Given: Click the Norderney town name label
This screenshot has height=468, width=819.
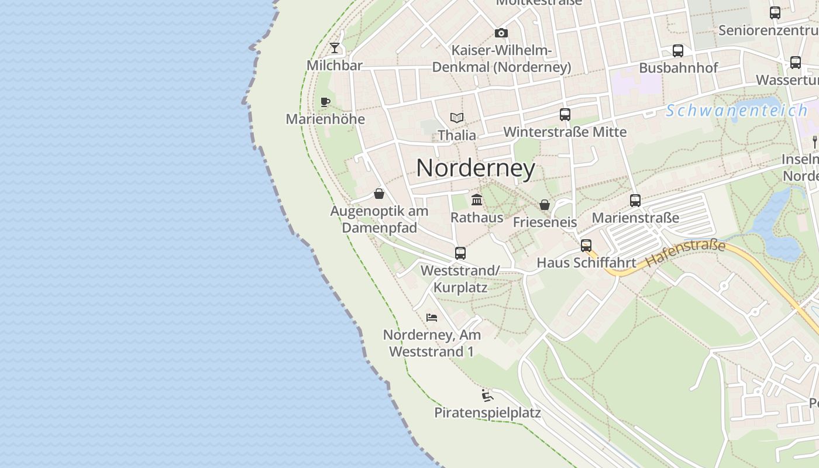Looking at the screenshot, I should pyautogui.click(x=476, y=168).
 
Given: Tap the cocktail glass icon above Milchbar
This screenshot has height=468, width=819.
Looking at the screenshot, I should pyautogui.click(x=335, y=47).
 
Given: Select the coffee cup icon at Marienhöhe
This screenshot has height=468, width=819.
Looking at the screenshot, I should pyautogui.click(x=325, y=102).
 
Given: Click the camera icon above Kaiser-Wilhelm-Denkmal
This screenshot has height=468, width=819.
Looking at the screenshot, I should pyautogui.click(x=501, y=33).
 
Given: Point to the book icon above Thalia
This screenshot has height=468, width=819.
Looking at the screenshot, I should pyautogui.click(x=457, y=118).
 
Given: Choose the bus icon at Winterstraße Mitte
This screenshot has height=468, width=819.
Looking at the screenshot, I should pyautogui.click(x=565, y=115).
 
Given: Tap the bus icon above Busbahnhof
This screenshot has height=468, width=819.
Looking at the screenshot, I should pyautogui.click(x=677, y=51).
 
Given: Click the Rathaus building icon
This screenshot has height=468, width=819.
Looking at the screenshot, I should pyautogui.click(x=477, y=200).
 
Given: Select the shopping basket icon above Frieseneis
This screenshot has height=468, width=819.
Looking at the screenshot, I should pyautogui.click(x=545, y=205).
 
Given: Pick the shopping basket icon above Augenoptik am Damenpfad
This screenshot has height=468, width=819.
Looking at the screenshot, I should pyautogui.click(x=379, y=193).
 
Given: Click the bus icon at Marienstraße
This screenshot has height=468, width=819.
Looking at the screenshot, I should pyautogui.click(x=635, y=201).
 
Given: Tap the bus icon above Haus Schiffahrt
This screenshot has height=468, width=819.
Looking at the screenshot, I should pyautogui.click(x=586, y=246).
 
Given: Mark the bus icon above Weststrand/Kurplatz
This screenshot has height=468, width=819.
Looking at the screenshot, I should pyautogui.click(x=460, y=253).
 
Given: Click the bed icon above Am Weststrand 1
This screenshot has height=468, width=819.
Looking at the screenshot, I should pyautogui.click(x=432, y=318).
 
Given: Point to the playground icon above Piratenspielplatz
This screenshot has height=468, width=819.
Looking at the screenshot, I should pyautogui.click(x=487, y=395).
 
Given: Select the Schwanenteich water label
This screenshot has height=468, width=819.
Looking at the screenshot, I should pyautogui.click(x=737, y=111).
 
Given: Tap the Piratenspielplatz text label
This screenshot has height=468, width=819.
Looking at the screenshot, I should pyautogui.click(x=487, y=413).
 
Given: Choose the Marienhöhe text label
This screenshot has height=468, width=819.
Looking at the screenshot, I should pyautogui.click(x=325, y=119).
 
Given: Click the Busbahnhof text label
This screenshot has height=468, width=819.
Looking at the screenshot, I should pyautogui.click(x=678, y=68).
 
